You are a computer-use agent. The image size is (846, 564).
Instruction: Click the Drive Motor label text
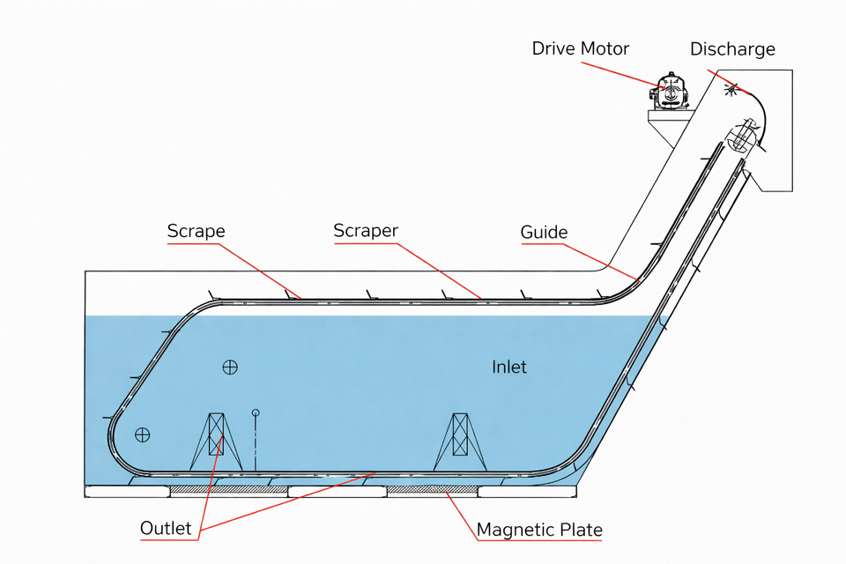(x=581, y=48)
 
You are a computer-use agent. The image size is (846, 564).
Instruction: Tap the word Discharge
(x=732, y=49)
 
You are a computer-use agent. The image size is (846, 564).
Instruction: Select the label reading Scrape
(x=196, y=231)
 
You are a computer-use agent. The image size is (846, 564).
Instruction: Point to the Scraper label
(x=366, y=231)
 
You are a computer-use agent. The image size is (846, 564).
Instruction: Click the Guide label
(x=544, y=232)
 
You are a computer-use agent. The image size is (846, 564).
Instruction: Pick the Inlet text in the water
(x=508, y=367)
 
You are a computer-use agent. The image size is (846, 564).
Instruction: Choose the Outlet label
(x=166, y=528)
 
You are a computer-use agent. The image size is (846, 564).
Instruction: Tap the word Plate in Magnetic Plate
(x=581, y=530)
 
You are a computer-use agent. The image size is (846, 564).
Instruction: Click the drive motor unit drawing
(x=670, y=92)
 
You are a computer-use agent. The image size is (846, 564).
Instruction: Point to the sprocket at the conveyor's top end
(x=742, y=135)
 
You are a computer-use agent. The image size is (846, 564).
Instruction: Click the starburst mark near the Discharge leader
(x=731, y=88)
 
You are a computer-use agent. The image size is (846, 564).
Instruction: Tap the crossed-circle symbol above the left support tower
(x=230, y=367)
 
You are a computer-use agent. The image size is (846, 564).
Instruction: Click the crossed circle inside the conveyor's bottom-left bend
(x=143, y=434)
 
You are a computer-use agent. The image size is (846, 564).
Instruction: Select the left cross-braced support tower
(x=216, y=442)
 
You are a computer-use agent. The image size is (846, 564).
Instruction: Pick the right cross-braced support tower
(x=460, y=442)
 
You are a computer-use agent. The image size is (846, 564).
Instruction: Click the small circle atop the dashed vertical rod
(x=256, y=413)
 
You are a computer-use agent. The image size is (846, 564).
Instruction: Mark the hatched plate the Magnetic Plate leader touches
(x=432, y=489)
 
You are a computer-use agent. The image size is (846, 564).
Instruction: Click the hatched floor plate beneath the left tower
(x=229, y=489)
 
